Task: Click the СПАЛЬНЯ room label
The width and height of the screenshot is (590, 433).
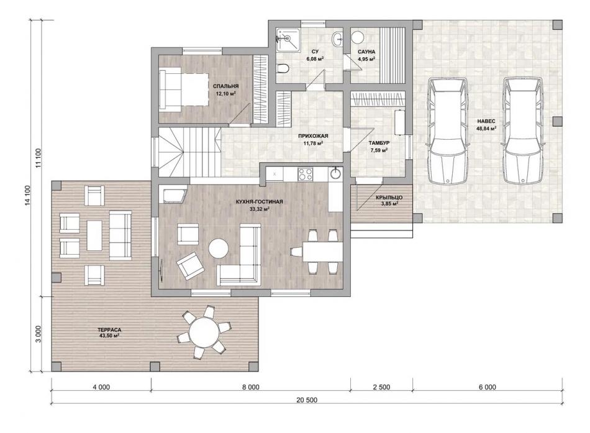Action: pyautogui.click(x=225, y=86)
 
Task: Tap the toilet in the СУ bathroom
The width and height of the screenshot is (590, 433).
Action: pyautogui.click(x=283, y=68)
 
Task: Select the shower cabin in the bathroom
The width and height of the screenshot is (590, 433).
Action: pyautogui.click(x=288, y=39)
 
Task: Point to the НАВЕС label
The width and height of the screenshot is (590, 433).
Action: pyautogui.click(x=486, y=121)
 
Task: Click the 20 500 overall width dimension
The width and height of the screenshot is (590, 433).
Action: pyautogui.click(x=307, y=400)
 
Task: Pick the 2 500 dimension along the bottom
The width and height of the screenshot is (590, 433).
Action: pyautogui.click(x=381, y=387)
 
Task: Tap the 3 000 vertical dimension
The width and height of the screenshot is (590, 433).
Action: pyautogui.click(x=38, y=334)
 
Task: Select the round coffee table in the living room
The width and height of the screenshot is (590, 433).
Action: pyautogui.click(x=219, y=248)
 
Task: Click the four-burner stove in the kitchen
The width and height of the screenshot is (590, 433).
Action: pyautogui.click(x=305, y=173)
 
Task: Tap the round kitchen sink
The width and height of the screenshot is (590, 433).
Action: pyautogui.click(x=335, y=173)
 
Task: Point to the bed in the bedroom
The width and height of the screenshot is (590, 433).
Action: pyautogui.click(x=184, y=89)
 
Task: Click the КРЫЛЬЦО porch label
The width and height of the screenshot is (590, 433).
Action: pyautogui.click(x=389, y=198)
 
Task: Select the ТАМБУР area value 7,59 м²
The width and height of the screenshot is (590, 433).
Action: pyautogui.click(x=379, y=150)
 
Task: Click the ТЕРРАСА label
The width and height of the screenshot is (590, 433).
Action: pyautogui.click(x=109, y=330)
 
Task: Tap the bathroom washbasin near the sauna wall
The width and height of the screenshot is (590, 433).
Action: pyautogui.click(x=338, y=38)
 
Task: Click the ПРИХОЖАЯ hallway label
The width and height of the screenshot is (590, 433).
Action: pyautogui.click(x=313, y=136)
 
